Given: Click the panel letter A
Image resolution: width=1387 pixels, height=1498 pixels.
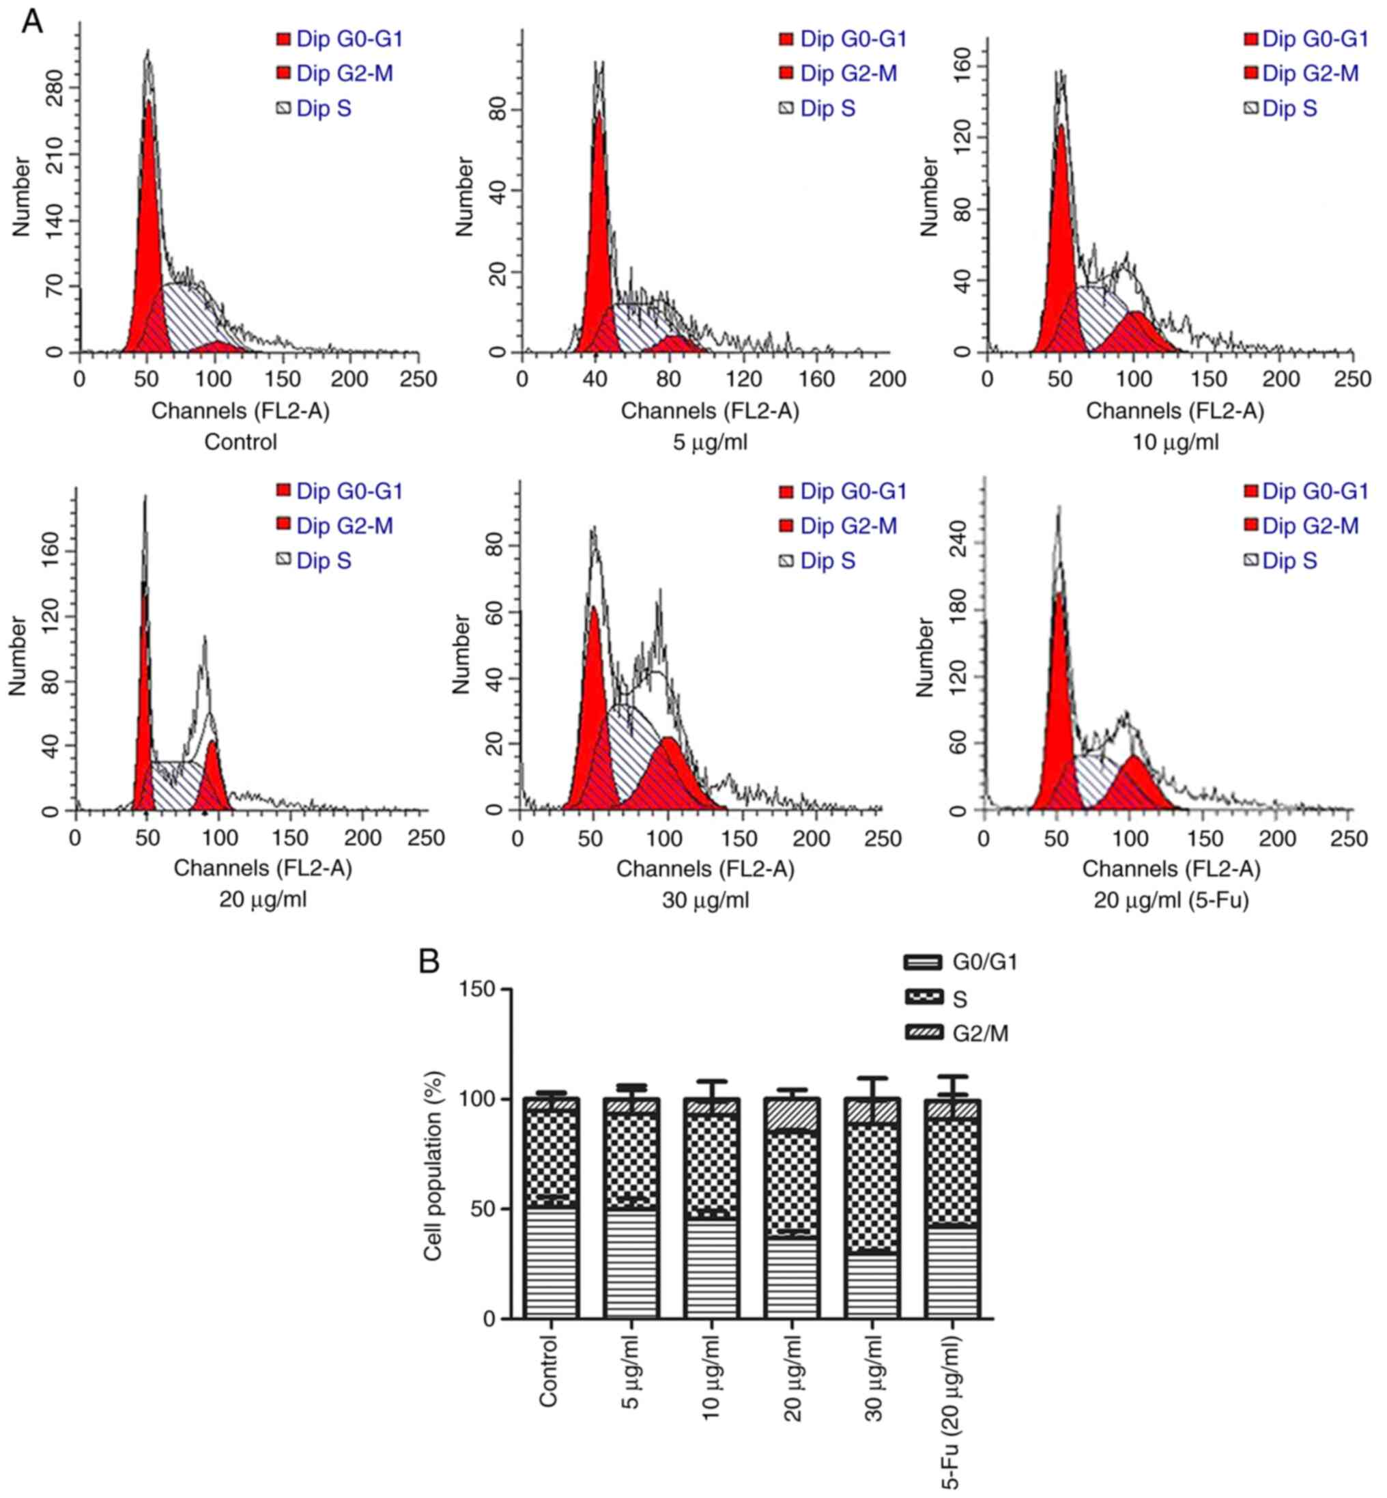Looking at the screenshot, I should pos(31,22).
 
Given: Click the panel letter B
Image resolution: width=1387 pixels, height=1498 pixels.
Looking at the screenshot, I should pos(429,961).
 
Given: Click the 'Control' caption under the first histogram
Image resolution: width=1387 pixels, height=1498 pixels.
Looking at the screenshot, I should pos(240,442).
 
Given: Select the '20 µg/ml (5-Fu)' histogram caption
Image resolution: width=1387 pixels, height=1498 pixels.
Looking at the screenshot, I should pos(1171,899).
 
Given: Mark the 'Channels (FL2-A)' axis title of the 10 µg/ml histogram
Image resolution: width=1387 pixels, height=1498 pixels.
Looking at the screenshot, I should pos(1175,411).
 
